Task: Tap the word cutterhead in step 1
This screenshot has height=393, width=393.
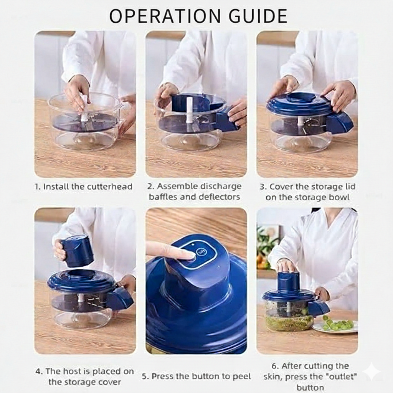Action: tap(109, 187)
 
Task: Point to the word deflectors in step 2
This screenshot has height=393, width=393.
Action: tap(219, 197)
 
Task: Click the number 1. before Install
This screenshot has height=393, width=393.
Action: tap(38, 187)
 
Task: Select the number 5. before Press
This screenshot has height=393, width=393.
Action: tap(145, 376)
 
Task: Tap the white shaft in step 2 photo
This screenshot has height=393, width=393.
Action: tap(190, 110)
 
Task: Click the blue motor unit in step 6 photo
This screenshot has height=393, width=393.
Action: tap(288, 282)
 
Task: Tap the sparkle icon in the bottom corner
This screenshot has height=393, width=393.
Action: tap(372, 372)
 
